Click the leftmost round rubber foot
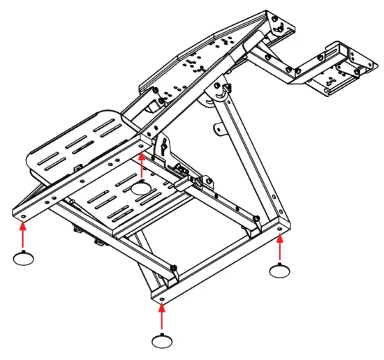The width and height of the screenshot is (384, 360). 24,259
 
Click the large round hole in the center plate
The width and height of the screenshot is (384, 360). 142,187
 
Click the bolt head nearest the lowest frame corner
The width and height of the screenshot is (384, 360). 172,269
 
